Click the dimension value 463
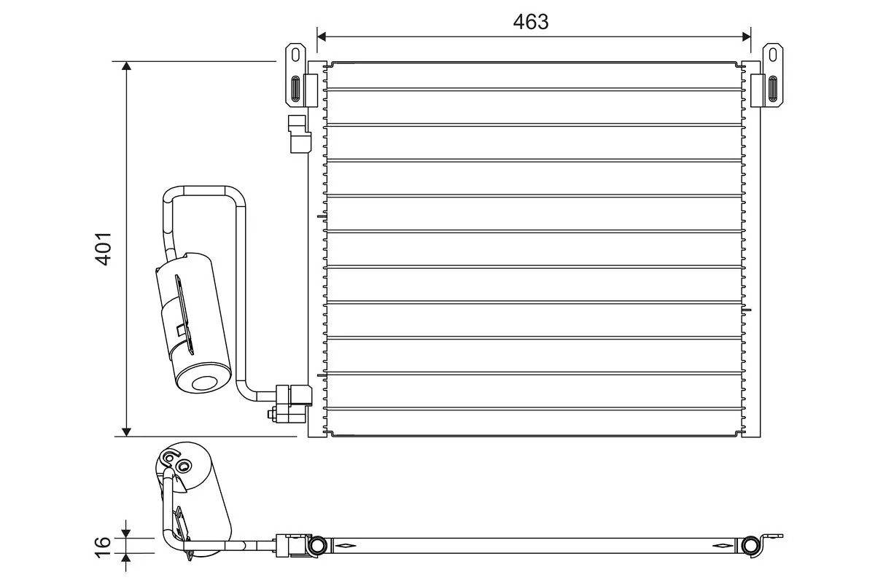click(530, 23)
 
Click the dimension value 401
click(104, 249)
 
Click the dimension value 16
click(103, 542)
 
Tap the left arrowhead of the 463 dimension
click(322, 34)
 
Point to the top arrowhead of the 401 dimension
click(127, 67)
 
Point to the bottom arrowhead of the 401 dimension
click(127, 431)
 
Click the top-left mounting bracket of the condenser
click(295, 76)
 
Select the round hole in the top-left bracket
click(295, 53)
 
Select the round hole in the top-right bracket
click(772, 53)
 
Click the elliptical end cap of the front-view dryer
click(201, 383)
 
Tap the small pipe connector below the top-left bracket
click(299, 134)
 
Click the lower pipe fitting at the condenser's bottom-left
click(294, 403)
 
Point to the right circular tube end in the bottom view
click(750, 545)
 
